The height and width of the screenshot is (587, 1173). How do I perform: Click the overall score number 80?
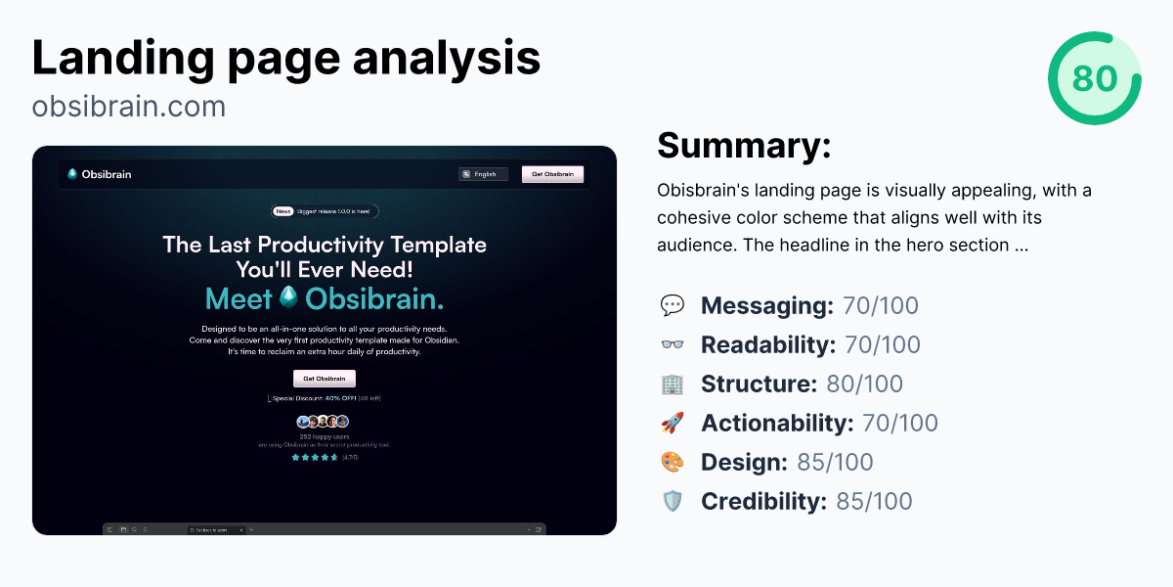point(1094,78)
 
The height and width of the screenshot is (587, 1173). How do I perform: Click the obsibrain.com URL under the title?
point(128,106)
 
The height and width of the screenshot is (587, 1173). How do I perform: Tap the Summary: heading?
point(744,146)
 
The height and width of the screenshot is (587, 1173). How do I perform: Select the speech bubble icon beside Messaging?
point(673,306)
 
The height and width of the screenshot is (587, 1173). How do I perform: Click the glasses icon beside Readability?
point(673,345)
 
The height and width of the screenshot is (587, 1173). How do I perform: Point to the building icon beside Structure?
point(673,384)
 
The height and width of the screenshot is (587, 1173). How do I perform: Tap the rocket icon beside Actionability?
point(673,424)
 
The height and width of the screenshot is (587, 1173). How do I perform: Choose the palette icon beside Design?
point(673,463)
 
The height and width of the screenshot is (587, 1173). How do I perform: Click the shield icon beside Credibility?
point(673,502)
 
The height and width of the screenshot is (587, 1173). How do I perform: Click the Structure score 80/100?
point(864,384)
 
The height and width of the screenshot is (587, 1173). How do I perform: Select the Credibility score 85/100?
point(874,502)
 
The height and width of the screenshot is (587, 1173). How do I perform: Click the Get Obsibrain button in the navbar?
point(552,174)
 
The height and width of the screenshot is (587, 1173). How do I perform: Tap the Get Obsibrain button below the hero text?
point(324,379)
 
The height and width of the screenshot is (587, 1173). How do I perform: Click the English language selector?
point(483,174)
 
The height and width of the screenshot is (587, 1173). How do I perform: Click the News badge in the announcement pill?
point(283,210)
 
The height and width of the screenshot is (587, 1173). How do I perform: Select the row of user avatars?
point(324,422)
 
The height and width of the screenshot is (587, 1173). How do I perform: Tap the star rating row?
point(315,457)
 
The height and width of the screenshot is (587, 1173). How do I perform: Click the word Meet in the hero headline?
point(239,298)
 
